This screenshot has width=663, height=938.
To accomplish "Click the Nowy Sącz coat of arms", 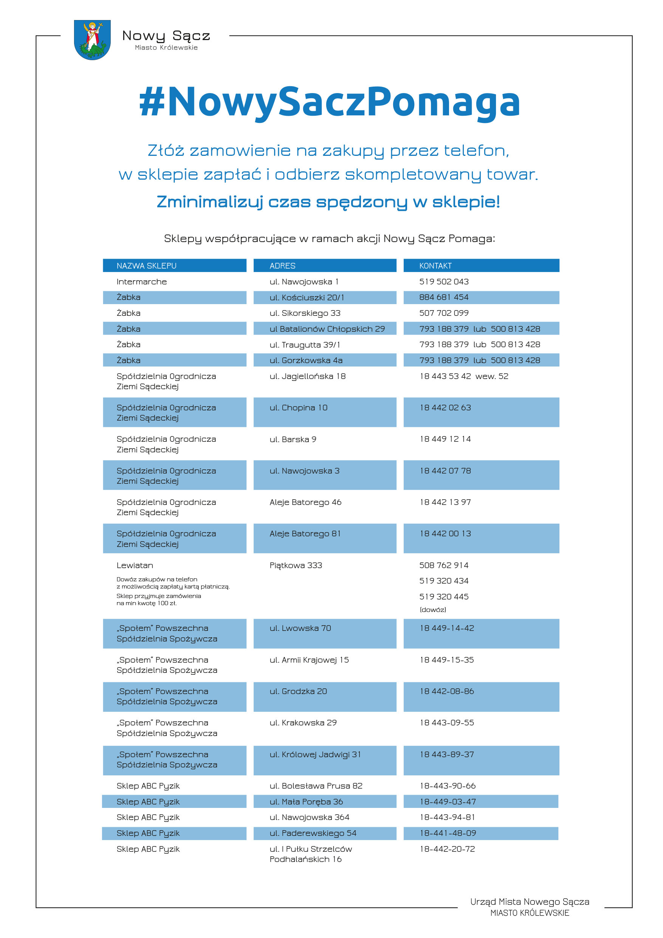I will point(92,40).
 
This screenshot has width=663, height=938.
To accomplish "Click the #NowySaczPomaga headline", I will point(330,102).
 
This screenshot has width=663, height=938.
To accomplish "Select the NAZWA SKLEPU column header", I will point(146,266).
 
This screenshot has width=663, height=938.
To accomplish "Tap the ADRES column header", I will point(282,266).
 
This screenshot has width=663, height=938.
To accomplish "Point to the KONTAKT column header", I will point(435,266).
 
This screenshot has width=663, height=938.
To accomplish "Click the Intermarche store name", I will point(141,281).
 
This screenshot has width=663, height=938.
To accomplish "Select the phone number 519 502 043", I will point(444,281).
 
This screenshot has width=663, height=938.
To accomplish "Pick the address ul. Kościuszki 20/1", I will point(307,297).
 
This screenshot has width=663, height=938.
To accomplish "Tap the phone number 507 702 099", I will point(444,313).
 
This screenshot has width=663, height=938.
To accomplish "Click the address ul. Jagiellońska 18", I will point(307,376).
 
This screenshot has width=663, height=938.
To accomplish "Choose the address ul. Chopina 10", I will point(299,408).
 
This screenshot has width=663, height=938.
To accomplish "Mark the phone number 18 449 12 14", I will point(445,439).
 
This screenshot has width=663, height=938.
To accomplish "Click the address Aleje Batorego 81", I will point(305,534).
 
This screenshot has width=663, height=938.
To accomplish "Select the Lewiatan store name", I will point(135,565).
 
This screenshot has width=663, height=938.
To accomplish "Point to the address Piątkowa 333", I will point(296,565).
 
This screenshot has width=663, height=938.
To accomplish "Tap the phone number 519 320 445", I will point(444,597).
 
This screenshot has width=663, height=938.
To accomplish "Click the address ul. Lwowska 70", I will point(300,628).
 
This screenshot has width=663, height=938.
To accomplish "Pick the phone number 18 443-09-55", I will point(447,723).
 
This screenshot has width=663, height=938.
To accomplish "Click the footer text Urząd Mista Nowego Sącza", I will point(530,902).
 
